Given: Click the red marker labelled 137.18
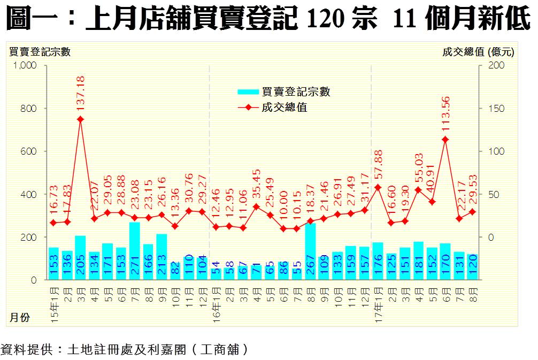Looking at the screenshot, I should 80,119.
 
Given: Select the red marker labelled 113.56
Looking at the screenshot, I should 445,140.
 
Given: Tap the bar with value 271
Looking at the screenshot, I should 135,251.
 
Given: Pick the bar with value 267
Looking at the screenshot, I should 310,251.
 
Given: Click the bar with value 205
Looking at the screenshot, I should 80,258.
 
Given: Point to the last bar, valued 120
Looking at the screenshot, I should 472,267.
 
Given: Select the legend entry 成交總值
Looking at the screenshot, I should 284,108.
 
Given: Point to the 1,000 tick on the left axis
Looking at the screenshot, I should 25,66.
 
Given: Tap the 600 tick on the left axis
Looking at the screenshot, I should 28,151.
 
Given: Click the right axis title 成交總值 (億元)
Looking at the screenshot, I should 478,52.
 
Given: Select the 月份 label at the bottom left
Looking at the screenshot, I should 20,318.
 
